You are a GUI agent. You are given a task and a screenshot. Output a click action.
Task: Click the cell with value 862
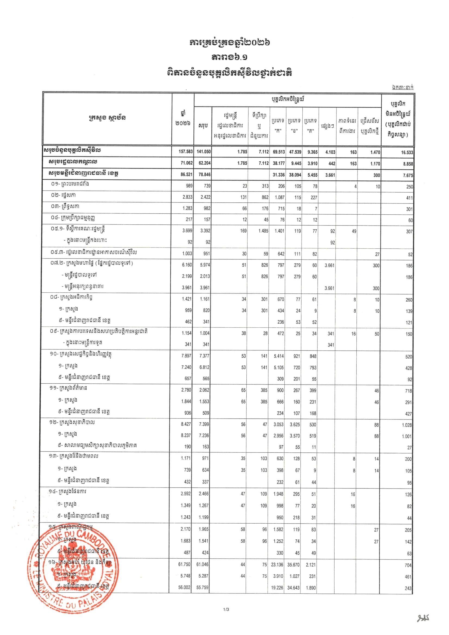[265, 198]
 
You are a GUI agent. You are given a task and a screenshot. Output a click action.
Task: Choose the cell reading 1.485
[263, 231]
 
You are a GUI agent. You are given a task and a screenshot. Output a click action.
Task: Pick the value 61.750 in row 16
[185, 564]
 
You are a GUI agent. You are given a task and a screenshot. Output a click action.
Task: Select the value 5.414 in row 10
[279, 356]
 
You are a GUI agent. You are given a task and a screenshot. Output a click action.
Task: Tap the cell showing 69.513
[278, 152]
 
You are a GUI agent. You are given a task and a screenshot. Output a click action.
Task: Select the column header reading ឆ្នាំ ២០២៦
[183, 118]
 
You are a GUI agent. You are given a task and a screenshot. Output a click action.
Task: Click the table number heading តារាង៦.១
[229, 58]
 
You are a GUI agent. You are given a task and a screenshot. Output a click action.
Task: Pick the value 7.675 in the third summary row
[407, 175]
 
